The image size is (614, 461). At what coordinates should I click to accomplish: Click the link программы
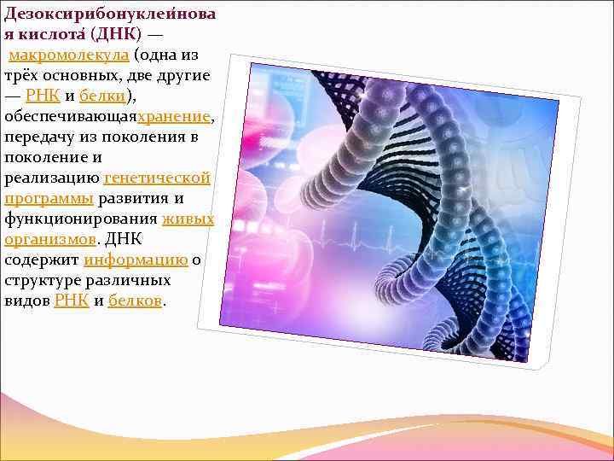(x=49, y=198)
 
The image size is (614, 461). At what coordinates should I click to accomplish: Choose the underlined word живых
(x=188, y=219)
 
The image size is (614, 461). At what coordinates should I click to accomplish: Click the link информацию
(x=136, y=260)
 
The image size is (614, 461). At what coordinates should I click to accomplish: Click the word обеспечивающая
(x=70, y=116)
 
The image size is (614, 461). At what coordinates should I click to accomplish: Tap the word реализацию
(x=51, y=178)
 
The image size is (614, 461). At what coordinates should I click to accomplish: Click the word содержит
(x=42, y=260)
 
